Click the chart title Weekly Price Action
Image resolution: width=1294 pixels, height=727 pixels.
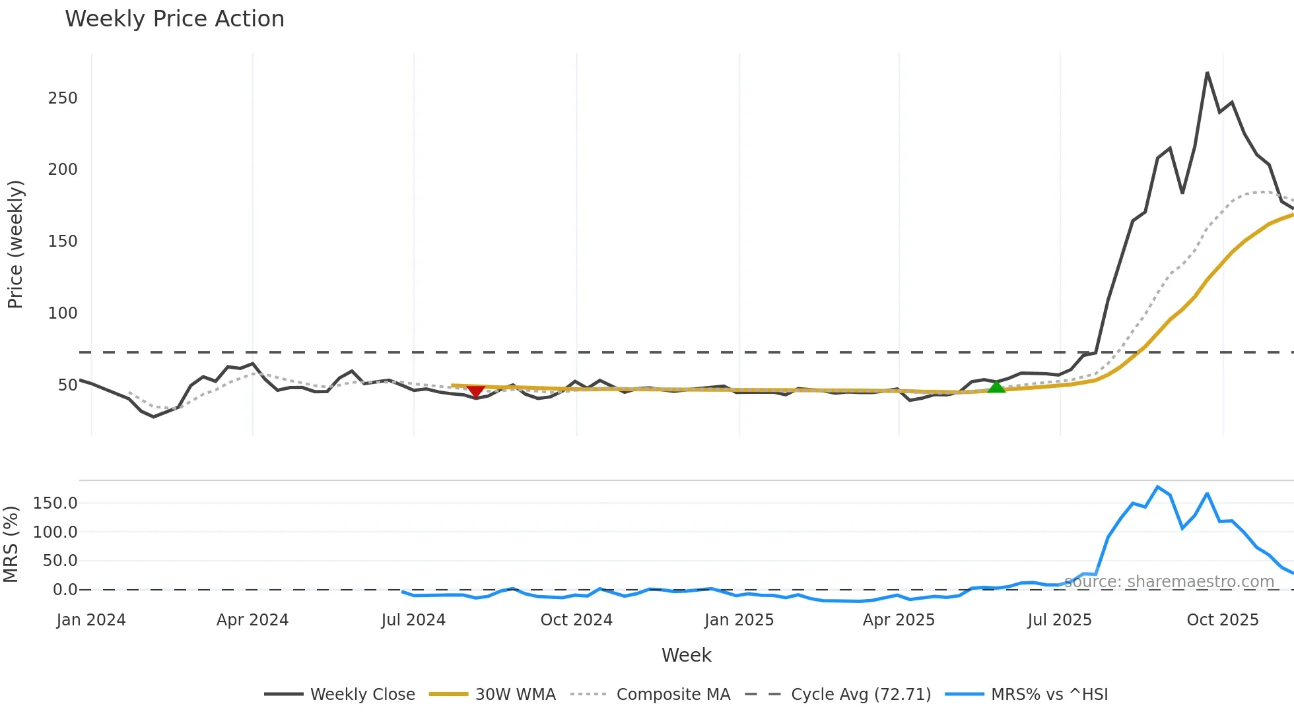coord(174,19)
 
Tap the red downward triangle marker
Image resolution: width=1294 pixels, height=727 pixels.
coord(475,391)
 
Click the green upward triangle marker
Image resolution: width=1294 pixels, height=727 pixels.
coord(996,387)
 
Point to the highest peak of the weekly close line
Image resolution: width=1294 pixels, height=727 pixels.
coord(1207,73)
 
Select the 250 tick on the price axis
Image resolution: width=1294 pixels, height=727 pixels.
coord(63,98)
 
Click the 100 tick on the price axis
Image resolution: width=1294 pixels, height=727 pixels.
coord(63,313)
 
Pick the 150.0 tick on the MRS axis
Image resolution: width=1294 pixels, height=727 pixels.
coord(55,503)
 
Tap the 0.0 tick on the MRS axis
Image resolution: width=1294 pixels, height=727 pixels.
coord(65,590)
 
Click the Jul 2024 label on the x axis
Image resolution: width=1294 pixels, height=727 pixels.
coord(413,620)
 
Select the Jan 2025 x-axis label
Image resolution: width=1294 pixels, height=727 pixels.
coord(739,620)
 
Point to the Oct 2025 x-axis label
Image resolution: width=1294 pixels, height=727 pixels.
coord(1222,620)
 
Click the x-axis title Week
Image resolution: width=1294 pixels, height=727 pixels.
coord(686,655)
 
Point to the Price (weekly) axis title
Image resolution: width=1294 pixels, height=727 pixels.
coord(15,244)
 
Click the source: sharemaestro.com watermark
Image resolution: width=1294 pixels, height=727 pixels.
coord(1169,582)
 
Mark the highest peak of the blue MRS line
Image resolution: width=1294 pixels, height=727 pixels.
coord(1157,487)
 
